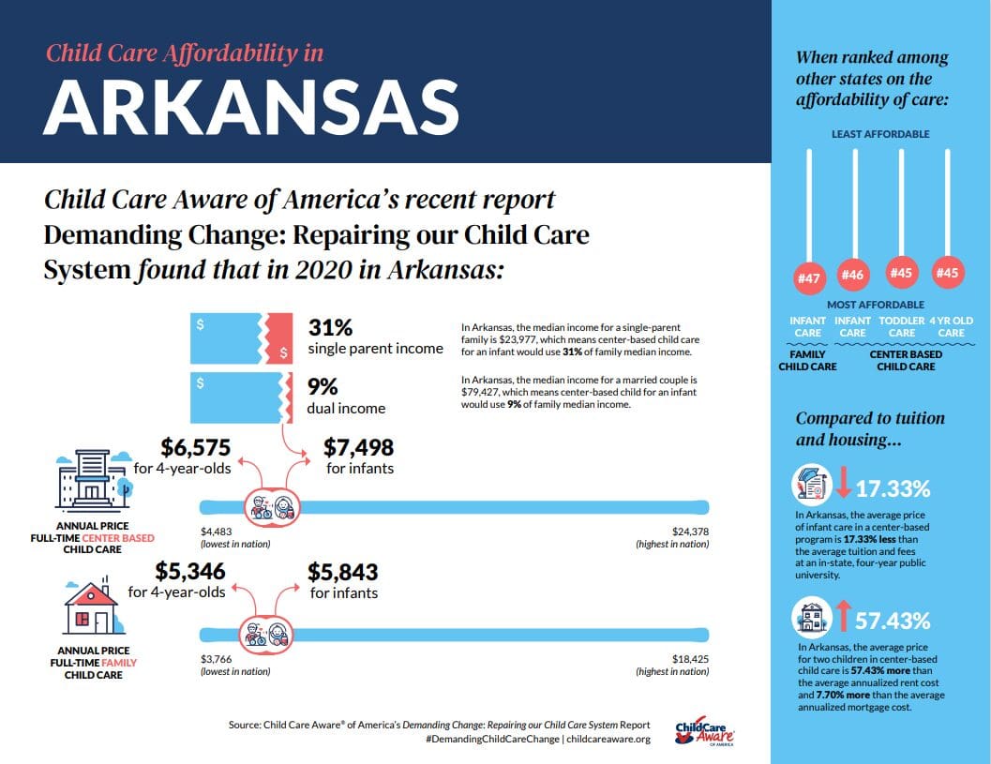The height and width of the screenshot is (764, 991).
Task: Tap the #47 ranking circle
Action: (x=808, y=278)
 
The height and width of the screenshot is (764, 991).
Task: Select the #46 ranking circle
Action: (x=853, y=275)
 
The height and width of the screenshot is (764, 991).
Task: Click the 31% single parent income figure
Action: (x=330, y=328)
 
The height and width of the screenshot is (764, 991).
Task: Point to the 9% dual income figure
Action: (x=323, y=387)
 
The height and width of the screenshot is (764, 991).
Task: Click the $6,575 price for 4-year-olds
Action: (x=195, y=448)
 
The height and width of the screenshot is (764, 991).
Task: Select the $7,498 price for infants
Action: (x=359, y=448)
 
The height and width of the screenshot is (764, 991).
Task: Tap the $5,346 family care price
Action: (x=190, y=572)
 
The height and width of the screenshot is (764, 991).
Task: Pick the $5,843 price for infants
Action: (x=344, y=572)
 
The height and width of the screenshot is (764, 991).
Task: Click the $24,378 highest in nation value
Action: (x=690, y=532)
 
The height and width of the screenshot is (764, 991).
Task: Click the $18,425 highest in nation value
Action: (x=690, y=659)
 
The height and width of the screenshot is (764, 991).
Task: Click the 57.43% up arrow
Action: (x=842, y=616)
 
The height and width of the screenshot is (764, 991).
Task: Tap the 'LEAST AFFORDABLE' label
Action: (x=880, y=134)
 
